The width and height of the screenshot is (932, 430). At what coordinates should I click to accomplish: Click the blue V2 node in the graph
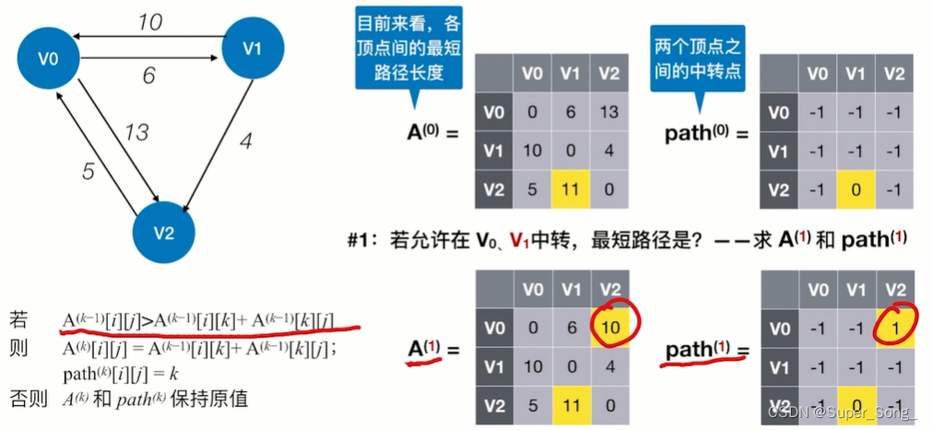(163, 232)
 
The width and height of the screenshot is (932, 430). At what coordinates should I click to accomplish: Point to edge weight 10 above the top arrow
(150, 21)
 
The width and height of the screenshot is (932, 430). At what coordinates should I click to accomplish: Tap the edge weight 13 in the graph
(136, 133)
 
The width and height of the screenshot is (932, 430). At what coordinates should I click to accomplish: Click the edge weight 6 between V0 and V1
(148, 77)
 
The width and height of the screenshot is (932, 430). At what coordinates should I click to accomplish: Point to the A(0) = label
(432, 132)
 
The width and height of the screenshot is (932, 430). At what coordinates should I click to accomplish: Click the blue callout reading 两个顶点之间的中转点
(697, 58)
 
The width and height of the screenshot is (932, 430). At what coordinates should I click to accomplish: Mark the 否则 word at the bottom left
(24, 400)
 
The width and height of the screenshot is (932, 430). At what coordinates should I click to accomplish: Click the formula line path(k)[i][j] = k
(120, 376)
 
